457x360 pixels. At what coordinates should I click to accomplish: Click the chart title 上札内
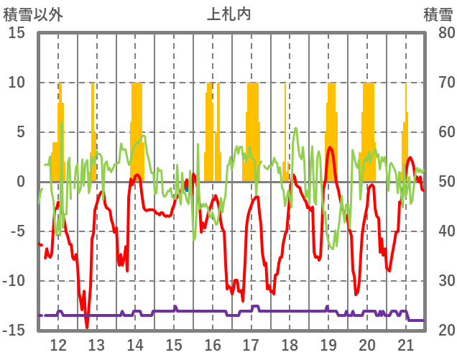coord(228,14)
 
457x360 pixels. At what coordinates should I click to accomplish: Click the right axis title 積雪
coord(438,14)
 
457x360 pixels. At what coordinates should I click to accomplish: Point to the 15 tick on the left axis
coord(17,33)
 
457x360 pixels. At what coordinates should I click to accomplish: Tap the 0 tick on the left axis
coord(21,182)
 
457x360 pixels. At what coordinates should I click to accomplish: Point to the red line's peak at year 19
coord(330,147)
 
